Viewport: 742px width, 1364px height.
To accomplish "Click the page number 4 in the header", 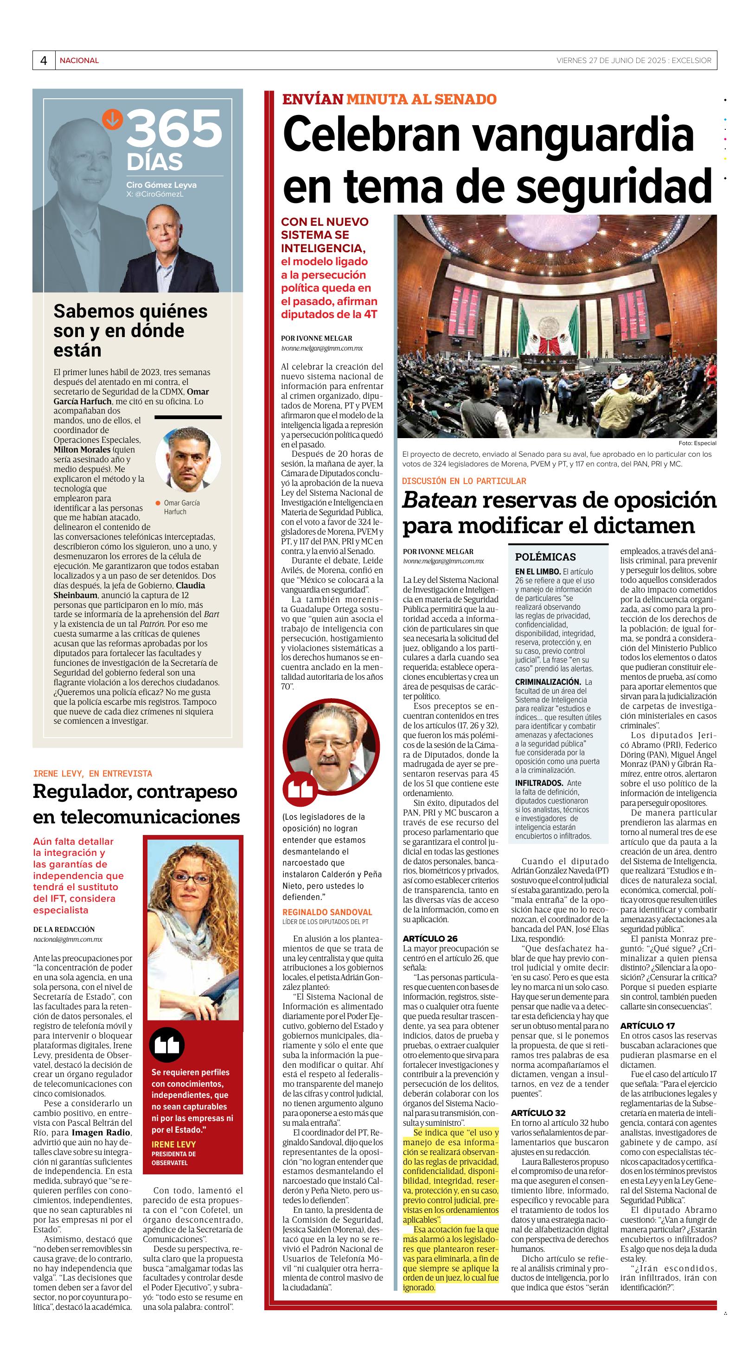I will [x=44, y=61].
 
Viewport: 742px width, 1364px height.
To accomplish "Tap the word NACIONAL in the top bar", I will [x=79, y=61].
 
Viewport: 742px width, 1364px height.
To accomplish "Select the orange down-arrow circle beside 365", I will [x=112, y=119].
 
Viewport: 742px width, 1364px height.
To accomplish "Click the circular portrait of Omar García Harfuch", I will [x=188, y=459].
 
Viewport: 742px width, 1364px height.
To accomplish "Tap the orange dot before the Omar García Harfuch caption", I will [x=157, y=503].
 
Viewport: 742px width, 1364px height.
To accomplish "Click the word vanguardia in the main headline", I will [x=582, y=135].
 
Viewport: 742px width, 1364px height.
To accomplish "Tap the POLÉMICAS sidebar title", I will [x=545, y=557].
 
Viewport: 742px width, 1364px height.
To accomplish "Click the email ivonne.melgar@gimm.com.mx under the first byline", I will [x=321, y=348].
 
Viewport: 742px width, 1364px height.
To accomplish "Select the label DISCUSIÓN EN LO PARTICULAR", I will [x=463, y=481].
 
